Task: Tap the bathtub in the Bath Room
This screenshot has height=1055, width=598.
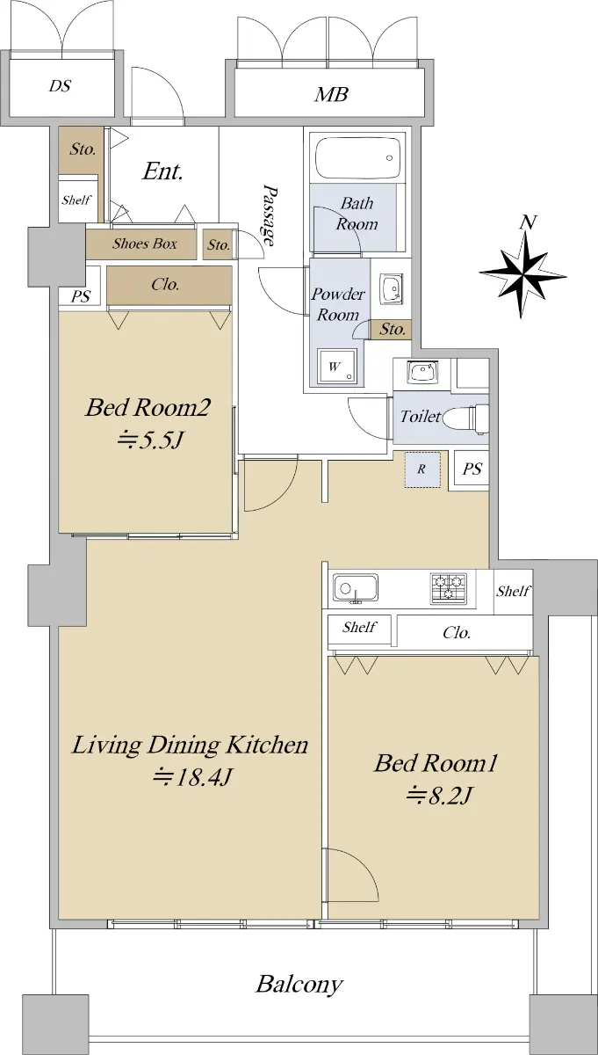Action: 358,157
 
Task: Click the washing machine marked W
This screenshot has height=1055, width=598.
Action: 336,367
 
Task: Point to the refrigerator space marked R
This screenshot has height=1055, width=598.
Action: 422,469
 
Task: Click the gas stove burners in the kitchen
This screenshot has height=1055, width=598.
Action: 449,589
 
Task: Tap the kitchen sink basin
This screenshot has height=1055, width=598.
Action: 356,588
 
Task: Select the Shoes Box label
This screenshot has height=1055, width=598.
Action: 144,244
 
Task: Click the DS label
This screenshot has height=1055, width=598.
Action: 61,86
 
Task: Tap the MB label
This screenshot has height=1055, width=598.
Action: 332,94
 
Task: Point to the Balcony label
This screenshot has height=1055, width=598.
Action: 299,986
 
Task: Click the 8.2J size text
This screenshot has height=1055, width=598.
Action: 439,796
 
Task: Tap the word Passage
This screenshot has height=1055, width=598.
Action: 270,215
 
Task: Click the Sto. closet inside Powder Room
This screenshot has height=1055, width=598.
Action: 391,329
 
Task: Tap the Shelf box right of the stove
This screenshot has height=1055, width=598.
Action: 514,591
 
